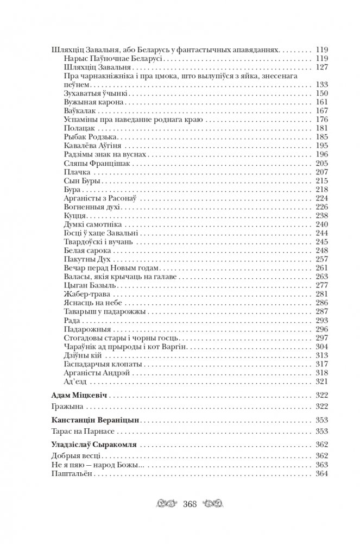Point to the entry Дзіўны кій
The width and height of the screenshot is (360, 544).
click(85, 355)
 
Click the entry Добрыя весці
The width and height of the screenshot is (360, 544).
click(68, 456)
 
